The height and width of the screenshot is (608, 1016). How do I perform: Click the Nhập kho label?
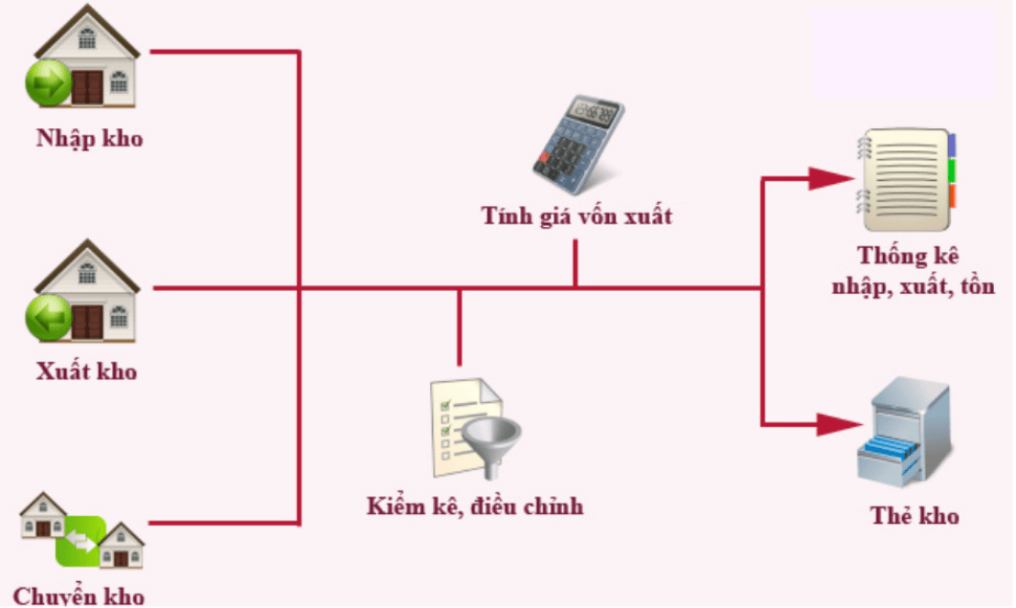point(89,138)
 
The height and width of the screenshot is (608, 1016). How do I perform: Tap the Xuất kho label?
point(86,371)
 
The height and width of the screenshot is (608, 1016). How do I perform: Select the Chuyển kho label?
point(79,597)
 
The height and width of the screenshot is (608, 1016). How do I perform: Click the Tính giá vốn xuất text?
point(576,215)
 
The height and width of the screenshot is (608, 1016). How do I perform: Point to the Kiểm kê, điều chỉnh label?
point(474,506)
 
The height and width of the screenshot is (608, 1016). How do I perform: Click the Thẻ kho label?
point(914,516)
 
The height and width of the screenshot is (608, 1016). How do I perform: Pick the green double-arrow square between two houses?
point(81,542)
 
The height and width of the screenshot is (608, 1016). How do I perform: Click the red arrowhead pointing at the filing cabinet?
point(831,422)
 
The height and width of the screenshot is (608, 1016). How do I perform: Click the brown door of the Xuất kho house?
point(87,322)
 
